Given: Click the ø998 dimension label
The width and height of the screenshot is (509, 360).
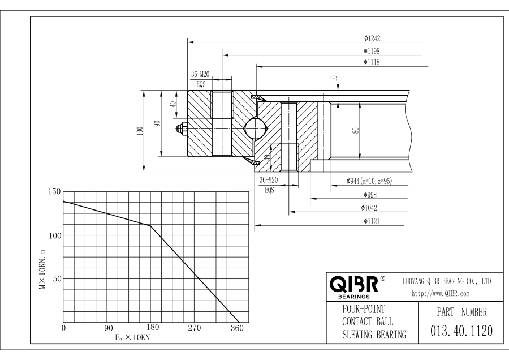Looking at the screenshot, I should point(372,194).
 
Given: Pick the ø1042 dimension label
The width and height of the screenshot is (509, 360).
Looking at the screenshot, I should point(372,207).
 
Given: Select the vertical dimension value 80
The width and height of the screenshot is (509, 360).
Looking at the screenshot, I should point(356,130).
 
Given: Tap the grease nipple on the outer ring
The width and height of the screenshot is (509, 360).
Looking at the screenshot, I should point(182,129).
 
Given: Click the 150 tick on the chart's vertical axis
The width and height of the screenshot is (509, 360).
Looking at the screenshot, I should point(54,192).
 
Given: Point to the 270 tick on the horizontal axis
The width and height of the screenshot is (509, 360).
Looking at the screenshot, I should point(195,328).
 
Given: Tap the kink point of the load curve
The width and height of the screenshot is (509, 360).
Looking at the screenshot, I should point(150,226).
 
